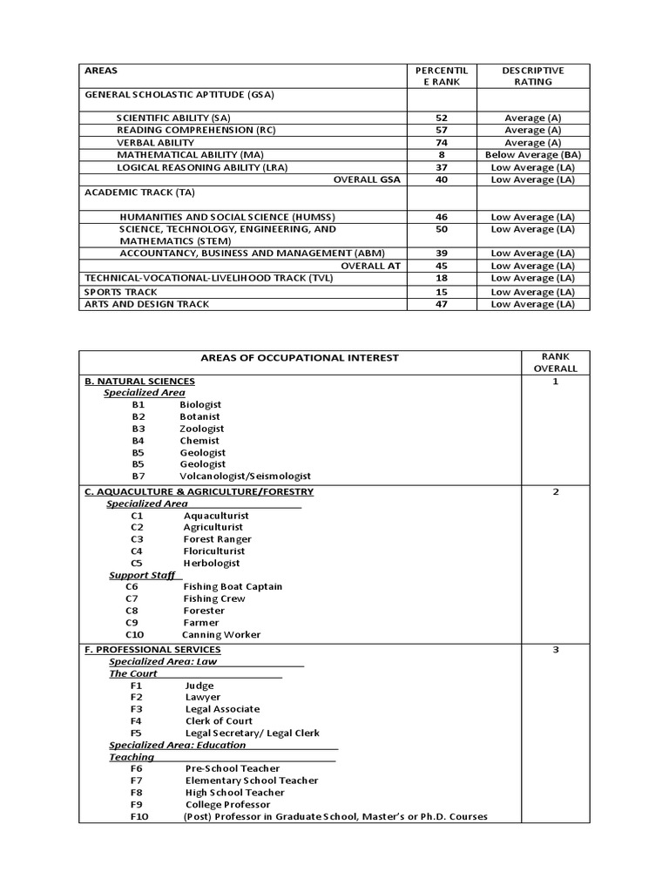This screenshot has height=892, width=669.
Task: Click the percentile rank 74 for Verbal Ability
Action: [x=442, y=142]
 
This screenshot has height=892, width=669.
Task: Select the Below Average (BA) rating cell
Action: [x=533, y=154]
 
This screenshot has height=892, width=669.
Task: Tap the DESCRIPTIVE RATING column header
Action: [x=533, y=76]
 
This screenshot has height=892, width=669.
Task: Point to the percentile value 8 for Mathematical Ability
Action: [x=442, y=154]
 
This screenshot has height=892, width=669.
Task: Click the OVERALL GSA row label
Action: [x=367, y=179]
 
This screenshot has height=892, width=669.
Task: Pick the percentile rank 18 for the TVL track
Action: [x=442, y=278]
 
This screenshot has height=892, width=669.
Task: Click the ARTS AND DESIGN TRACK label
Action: [x=146, y=304]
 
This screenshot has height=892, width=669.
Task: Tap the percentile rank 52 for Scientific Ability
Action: [x=442, y=118]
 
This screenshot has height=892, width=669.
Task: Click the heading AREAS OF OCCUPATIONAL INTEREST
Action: [x=299, y=357]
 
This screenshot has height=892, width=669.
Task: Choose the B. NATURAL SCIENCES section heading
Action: [x=139, y=382]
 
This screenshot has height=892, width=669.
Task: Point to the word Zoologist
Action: [x=202, y=429]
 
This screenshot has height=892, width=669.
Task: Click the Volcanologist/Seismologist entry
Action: [x=245, y=476]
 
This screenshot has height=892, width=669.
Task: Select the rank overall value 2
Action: [x=555, y=492]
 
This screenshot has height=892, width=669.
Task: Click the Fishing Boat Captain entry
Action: [x=233, y=586]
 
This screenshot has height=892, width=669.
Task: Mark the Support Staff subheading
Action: [x=142, y=575]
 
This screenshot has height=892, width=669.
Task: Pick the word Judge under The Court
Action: [x=199, y=686]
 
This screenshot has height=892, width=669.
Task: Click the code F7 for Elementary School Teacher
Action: [x=137, y=780]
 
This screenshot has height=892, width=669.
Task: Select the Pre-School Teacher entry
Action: [x=233, y=768]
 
